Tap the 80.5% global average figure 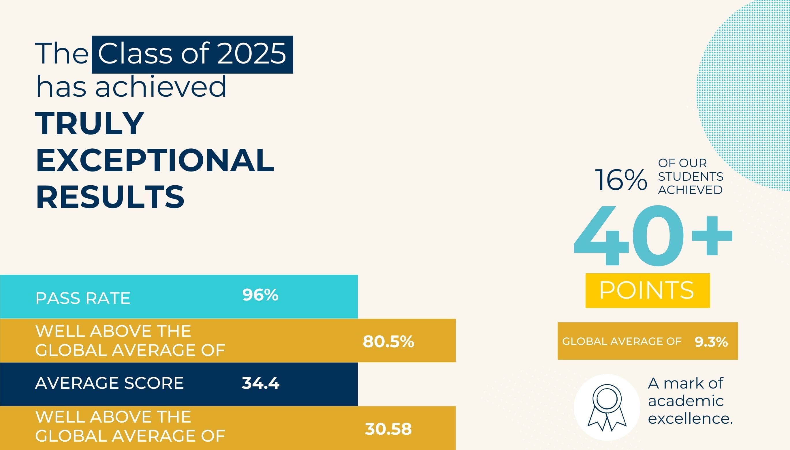point(388,341)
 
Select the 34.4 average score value point(261,383)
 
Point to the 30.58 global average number point(388,429)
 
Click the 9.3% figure point(711,342)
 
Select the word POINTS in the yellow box point(647,290)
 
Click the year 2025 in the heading point(252,53)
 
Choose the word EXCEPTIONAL point(155,160)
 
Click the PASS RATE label point(83,298)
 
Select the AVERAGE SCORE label point(109,383)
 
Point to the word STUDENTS point(691,177)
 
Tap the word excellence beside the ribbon point(690,419)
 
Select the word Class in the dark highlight point(135,53)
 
